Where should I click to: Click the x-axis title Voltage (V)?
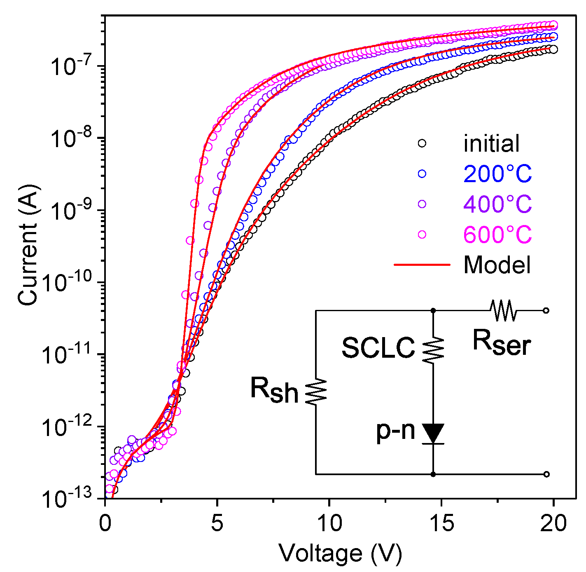[x=340, y=553]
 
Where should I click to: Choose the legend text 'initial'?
[x=491, y=143]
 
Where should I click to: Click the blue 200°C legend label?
[x=497, y=174]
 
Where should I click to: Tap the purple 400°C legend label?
[x=497, y=204]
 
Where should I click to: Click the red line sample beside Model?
[x=422, y=265]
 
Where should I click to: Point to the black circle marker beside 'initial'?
[x=422, y=143]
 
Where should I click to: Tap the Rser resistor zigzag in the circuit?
[x=503, y=310]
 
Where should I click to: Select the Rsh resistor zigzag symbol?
[x=316, y=391]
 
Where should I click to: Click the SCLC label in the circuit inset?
[x=378, y=347]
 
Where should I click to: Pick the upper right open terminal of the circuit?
[x=546, y=310]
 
